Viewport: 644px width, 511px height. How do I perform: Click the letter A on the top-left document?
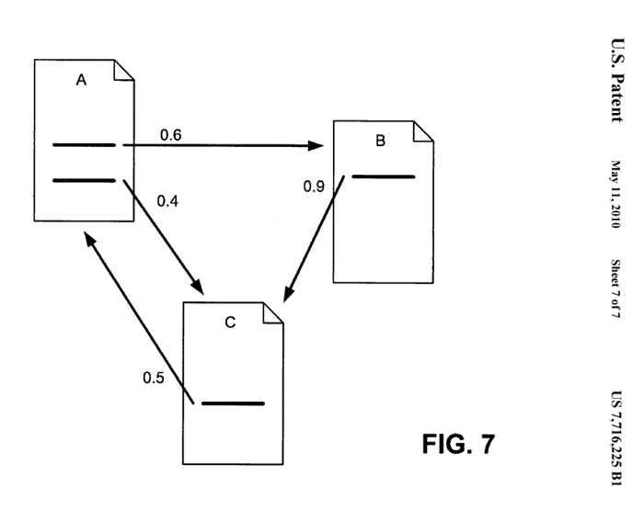pos(81,80)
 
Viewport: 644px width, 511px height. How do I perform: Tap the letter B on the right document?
pos(380,141)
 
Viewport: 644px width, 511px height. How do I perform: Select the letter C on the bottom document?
pos(230,323)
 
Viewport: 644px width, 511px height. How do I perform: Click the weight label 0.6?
pos(171,134)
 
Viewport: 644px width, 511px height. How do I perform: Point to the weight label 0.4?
pos(167,201)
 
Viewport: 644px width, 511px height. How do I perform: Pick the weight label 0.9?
pos(314,187)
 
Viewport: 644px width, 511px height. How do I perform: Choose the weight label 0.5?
pos(154,378)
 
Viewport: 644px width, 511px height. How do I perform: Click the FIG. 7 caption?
pos(458,444)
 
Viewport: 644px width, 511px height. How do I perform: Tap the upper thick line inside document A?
pos(85,145)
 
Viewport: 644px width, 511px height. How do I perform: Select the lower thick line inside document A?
pos(85,180)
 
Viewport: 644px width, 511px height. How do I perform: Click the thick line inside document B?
pos(384,176)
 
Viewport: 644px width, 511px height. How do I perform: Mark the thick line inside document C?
pos(233,403)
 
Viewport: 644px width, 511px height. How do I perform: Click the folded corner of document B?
pos(423,131)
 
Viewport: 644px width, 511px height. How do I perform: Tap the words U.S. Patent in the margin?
pos(617,80)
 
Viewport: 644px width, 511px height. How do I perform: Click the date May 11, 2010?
pos(616,194)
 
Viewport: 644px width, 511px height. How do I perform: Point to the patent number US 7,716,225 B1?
pos(616,438)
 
